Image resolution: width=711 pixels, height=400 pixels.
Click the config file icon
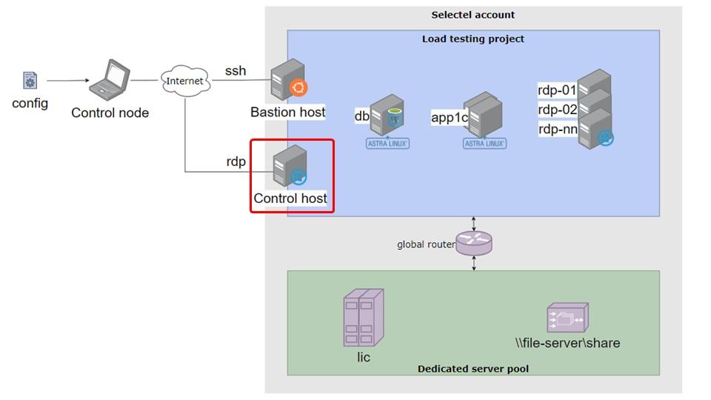30,81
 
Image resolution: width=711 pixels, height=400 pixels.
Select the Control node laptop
110,79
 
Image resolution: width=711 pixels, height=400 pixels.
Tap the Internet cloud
185,81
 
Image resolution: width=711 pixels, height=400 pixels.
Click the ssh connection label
236,71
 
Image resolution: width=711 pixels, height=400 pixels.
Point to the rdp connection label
236,161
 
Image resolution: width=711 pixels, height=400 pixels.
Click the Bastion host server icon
287,79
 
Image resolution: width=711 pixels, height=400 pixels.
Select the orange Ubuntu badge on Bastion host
298,88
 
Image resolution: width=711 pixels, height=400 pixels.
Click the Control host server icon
290,165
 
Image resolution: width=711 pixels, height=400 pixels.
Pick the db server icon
387,115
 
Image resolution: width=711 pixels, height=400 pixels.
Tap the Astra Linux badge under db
387,143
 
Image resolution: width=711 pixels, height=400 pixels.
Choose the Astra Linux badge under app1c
484,143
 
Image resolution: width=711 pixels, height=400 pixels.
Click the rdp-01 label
557,90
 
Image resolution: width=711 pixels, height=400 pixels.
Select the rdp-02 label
557,110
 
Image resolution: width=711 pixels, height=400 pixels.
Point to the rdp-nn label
558,129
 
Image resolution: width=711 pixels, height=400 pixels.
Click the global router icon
474,244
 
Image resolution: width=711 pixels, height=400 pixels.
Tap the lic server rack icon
364,318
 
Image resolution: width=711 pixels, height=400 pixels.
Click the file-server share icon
568,318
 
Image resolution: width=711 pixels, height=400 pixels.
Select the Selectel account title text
473,15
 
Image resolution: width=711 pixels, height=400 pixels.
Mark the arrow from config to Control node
68,81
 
